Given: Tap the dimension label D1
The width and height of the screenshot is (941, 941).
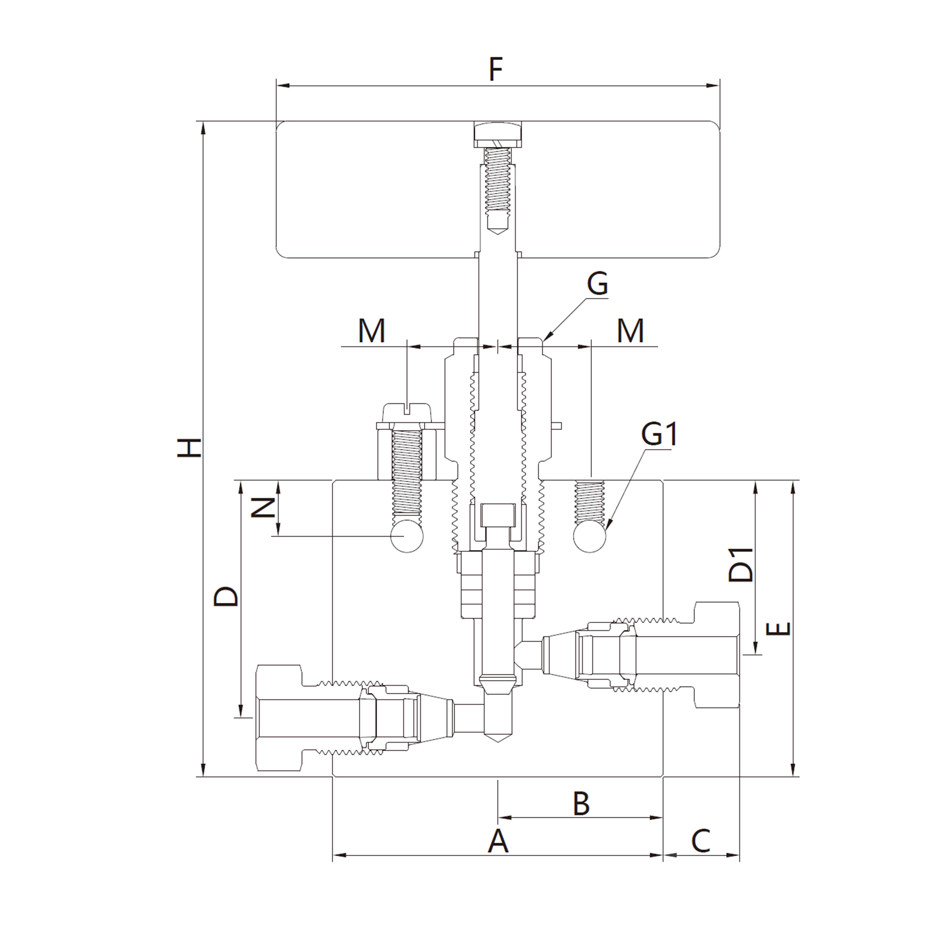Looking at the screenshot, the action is (x=740, y=565).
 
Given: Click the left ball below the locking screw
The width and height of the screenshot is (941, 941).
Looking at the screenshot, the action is (x=407, y=536).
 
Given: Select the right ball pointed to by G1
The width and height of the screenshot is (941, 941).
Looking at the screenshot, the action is (x=590, y=536).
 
